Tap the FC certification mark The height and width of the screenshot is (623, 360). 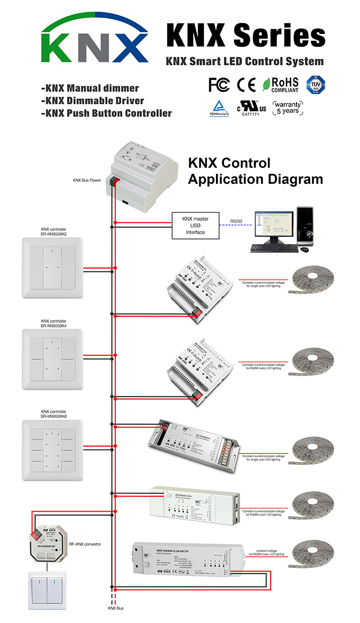(x=219, y=85)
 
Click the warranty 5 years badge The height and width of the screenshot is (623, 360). (x=288, y=108)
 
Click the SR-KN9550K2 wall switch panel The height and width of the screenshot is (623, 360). (x=52, y=268)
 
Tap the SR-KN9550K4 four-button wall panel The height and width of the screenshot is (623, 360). (x=52, y=359)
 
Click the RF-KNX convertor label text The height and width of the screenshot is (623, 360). (x=85, y=544)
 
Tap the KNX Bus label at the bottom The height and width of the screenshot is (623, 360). (x=115, y=608)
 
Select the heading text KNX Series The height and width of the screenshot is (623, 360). (x=246, y=35)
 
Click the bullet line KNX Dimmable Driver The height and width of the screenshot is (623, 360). (x=92, y=101)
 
